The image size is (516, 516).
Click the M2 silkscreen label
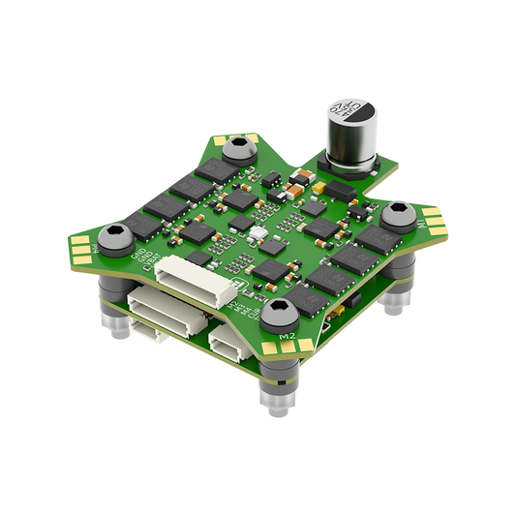287,336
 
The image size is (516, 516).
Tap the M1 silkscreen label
420,223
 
